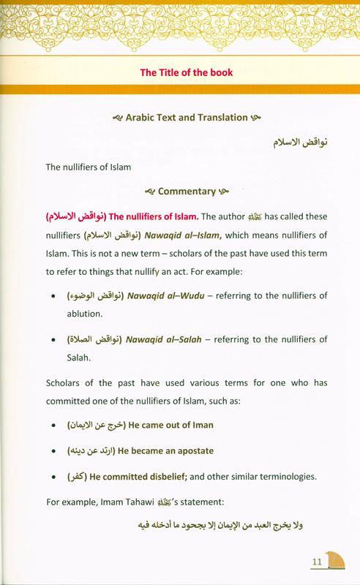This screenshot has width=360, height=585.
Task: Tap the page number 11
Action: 318,562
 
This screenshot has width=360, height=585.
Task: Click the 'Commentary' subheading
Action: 187,192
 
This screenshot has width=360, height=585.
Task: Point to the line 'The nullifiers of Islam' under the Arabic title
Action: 88,167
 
